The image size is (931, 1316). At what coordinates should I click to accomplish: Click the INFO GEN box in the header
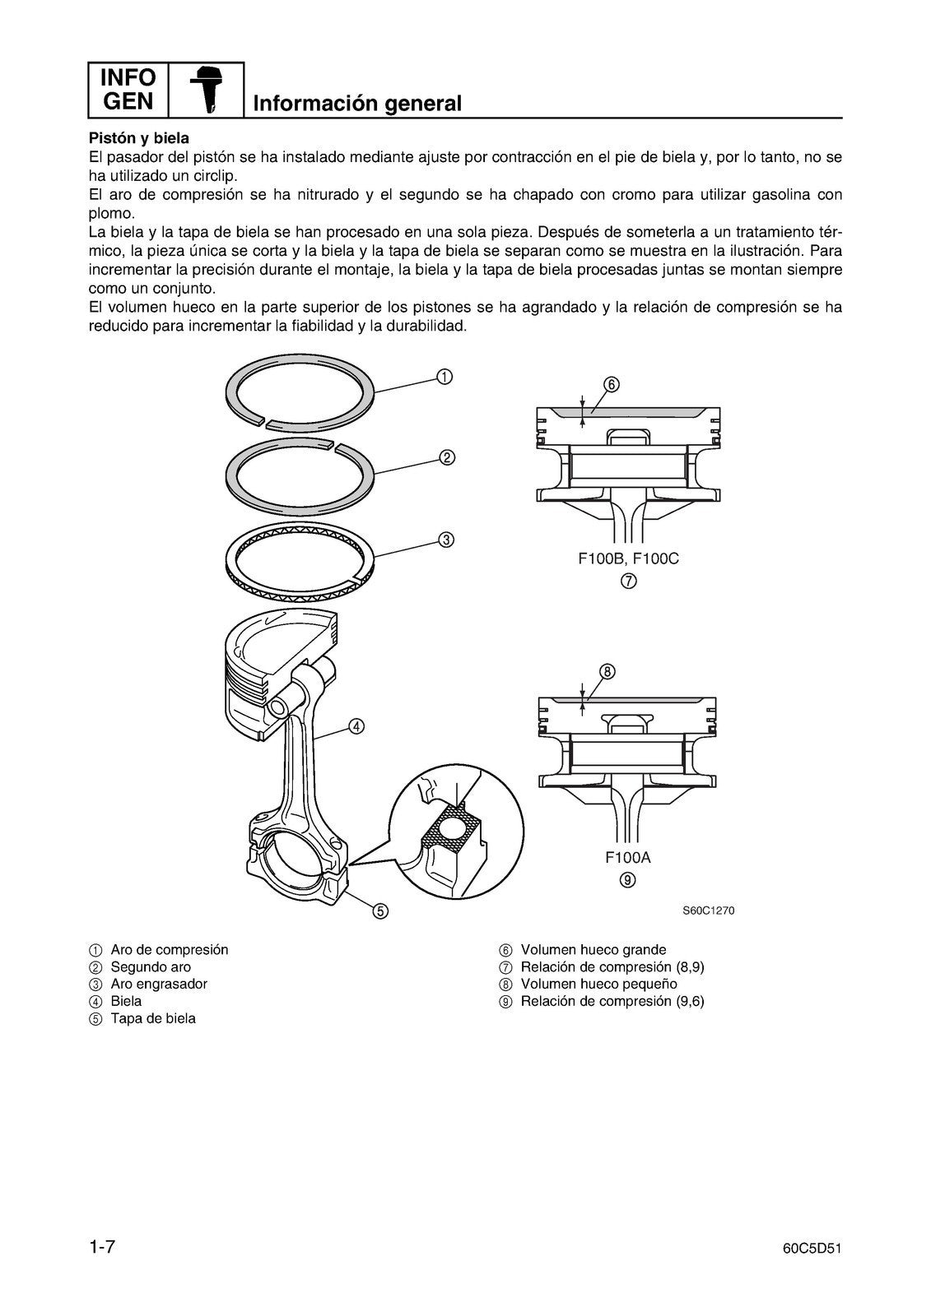[x=128, y=90]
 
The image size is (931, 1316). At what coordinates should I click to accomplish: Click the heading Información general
[x=357, y=104]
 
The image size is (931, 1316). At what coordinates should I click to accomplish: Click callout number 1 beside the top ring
[x=444, y=377]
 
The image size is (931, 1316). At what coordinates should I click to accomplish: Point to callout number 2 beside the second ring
[x=446, y=458]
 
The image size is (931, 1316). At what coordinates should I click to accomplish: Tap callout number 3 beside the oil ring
[x=445, y=540]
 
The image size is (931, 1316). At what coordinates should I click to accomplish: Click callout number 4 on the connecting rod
[x=356, y=725]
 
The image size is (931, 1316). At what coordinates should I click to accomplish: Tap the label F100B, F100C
[x=628, y=559]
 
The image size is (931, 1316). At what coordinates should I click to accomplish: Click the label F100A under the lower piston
[x=628, y=858]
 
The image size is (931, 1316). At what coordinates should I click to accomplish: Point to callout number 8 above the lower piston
[x=606, y=671]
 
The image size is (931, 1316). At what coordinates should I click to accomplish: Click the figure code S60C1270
[x=708, y=911]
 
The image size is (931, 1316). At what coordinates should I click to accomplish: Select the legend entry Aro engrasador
[x=159, y=984]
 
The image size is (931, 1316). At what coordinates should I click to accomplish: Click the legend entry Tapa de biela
[x=153, y=1018]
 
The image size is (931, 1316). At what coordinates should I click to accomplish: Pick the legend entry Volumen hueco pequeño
[x=598, y=984]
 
